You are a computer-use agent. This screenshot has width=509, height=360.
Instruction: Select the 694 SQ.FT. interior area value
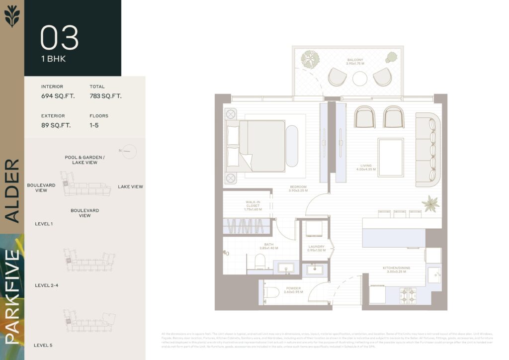tap(58, 96)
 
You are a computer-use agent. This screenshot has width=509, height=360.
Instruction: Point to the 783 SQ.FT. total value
tap(105, 96)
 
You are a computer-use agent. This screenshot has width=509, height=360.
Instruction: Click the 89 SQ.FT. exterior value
tap(56, 125)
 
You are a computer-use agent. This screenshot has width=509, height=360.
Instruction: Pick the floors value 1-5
tap(94, 125)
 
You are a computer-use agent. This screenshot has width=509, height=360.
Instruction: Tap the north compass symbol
tap(127, 150)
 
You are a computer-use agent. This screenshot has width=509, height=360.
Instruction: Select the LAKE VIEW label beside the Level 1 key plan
tap(130, 187)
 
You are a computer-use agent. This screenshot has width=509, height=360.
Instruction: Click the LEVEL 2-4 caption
tap(47, 285)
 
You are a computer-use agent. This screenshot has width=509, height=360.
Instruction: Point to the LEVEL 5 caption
tap(43, 345)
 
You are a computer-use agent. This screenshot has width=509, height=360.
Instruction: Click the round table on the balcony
tap(360, 79)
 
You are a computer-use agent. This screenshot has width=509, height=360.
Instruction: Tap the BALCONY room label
tap(355, 62)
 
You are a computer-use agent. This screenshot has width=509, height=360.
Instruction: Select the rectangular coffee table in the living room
tap(391, 158)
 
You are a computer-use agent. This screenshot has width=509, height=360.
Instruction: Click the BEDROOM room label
tap(298, 188)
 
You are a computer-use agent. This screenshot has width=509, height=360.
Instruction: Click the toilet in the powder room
tap(271, 292)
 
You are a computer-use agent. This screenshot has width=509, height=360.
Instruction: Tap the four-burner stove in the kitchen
tap(409, 295)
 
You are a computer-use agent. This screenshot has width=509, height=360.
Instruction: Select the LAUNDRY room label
tap(316, 248)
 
